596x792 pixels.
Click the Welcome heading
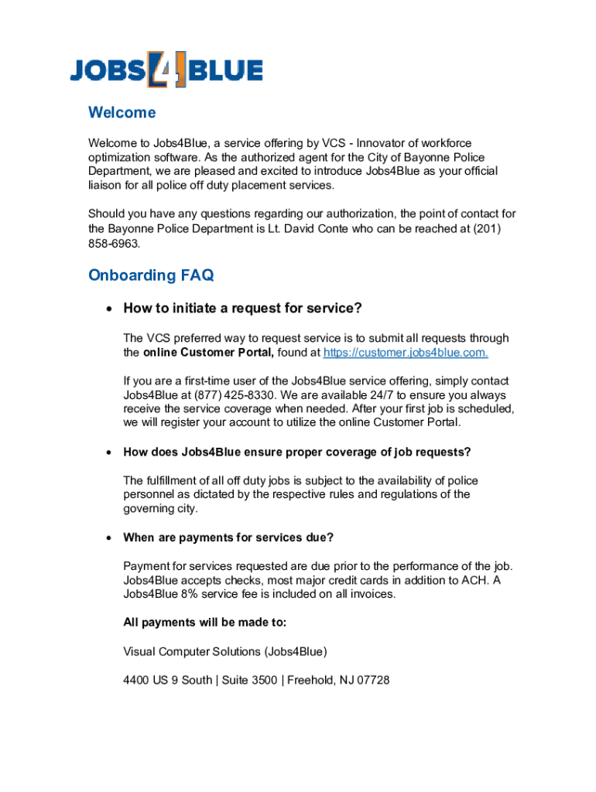[x=122, y=113]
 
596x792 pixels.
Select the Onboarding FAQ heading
[x=151, y=275]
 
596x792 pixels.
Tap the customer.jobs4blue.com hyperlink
[x=406, y=353]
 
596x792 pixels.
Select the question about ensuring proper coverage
[x=296, y=452]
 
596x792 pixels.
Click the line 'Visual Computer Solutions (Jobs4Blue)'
[x=219, y=652]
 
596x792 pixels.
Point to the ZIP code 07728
[x=372, y=681]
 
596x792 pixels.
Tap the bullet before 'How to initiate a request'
[x=109, y=309]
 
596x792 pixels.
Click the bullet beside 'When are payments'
[x=109, y=538]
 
